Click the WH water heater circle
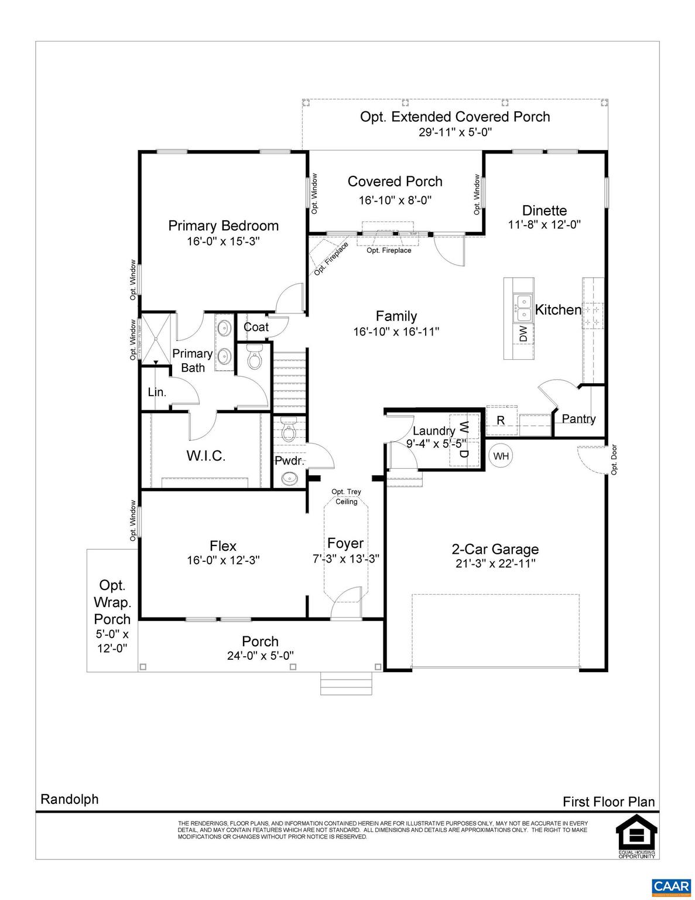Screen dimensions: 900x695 click(501, 456)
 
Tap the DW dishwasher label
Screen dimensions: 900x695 click(523, 334)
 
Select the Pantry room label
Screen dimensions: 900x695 click(578, 418)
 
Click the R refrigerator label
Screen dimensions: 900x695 click(501, 420)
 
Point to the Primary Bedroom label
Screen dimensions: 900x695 click(223, 226)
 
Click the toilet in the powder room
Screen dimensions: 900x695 click(287, 432)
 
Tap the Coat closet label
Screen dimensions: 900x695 click(256, 327)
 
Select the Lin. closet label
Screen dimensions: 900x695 click(157, 392)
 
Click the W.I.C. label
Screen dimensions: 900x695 click(206, 456)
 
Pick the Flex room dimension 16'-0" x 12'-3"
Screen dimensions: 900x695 click(223, 560)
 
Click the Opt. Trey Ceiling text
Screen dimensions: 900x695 click(346, 496)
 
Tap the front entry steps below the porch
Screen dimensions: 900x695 click(346, 683)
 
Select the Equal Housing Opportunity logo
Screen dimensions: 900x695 click(636, 838)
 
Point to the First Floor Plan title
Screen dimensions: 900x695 click(608, 802)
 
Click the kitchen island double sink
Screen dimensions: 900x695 click(522, 309)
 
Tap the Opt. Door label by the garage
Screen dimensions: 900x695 click(614, 459)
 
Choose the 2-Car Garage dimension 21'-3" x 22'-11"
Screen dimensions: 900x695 click(495, 563)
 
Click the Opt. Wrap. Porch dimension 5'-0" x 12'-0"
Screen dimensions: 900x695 click(112, 640)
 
